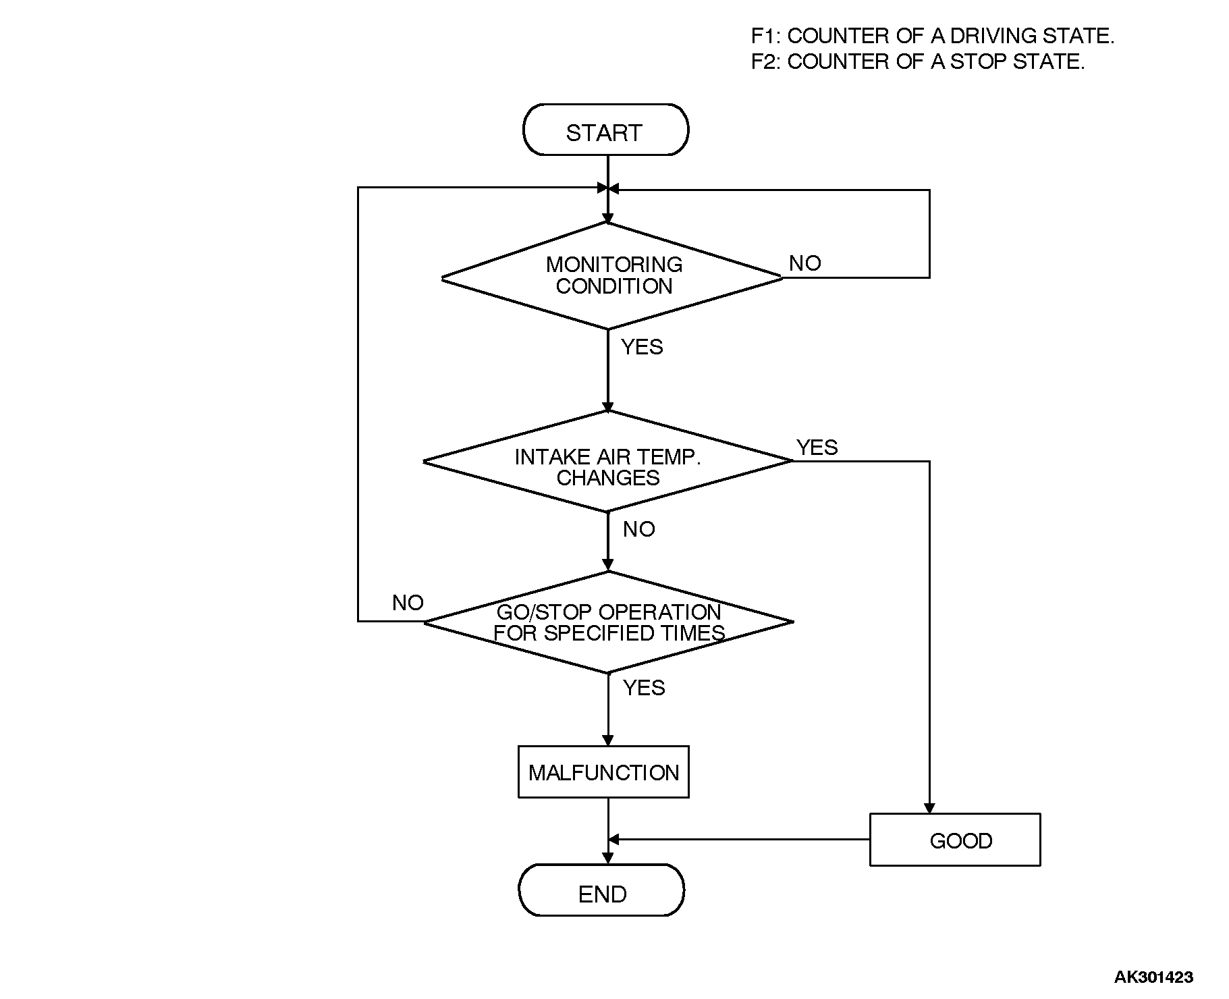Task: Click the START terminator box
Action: tap(605, 130)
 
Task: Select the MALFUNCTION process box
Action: tap(603, 772)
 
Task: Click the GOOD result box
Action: tap(954, 840)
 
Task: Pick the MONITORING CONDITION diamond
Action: tap(611, 275)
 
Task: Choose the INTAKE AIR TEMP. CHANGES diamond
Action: tap(607, 461)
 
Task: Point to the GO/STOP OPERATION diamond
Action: tap(608, 622)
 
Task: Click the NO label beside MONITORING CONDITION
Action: tap(804, 263)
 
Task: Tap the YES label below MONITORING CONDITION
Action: tap(642, 347)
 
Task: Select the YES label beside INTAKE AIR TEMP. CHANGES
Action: tap(817, 448)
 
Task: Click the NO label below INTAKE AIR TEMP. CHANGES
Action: tap(638, 529)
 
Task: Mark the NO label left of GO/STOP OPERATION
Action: tap(408, 603)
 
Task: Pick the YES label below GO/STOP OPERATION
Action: tap(644, 688)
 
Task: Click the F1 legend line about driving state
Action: tap(932, 36)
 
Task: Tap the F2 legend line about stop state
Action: tap(917, 61)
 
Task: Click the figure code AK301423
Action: tap(1153, 977)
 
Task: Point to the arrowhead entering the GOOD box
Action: tap(929, 808)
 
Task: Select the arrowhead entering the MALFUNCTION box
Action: tap(608, 740)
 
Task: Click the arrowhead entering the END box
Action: tap(608, 859)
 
